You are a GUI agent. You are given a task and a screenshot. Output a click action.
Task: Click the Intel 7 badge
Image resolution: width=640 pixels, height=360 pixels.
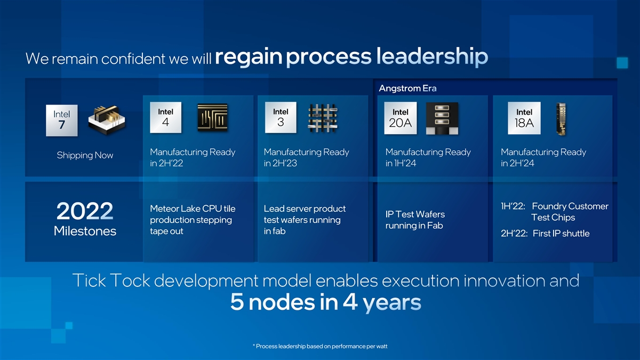click(62, 121)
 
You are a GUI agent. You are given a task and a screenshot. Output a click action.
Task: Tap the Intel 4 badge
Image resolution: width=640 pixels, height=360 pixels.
click(166, 117)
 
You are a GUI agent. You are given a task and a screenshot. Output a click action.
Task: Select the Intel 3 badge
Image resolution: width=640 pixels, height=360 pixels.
click(281, 117)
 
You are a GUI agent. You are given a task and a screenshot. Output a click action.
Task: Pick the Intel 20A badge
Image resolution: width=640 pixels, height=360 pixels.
click(401, 118)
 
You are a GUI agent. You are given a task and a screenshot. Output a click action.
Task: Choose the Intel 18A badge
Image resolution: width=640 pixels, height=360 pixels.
click(524, 118)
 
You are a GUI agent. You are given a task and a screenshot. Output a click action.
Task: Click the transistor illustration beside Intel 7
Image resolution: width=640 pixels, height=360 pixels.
click(107, 120)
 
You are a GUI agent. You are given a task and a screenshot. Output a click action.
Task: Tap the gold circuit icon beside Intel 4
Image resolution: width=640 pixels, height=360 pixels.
click(213, 117)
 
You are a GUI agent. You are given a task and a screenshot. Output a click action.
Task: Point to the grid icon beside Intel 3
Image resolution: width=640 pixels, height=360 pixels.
click(323, 118)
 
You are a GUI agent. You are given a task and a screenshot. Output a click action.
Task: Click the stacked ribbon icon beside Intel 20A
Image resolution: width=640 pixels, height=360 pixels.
click(442, 118)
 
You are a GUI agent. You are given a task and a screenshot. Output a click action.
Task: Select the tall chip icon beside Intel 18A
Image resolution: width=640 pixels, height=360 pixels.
click(561, 119)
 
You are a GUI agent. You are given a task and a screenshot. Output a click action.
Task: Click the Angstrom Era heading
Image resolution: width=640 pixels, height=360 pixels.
click(407, 89)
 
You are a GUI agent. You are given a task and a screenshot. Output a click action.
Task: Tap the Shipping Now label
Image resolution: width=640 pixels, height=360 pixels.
click(85, 155)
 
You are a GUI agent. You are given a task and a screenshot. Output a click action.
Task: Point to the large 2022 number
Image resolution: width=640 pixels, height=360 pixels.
click(85, 211)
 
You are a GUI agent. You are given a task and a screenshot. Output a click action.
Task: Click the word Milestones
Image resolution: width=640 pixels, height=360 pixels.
click(85, 231)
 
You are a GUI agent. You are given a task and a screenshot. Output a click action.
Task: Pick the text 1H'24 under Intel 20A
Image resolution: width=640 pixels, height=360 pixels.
click(405, 163)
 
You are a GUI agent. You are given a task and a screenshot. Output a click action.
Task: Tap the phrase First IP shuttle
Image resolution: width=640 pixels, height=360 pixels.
click(561, 234)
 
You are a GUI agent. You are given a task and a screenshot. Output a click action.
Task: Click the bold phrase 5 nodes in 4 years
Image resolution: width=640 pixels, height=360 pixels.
click(326, 302)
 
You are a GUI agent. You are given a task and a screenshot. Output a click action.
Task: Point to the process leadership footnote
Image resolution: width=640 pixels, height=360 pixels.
click(320, 346)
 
